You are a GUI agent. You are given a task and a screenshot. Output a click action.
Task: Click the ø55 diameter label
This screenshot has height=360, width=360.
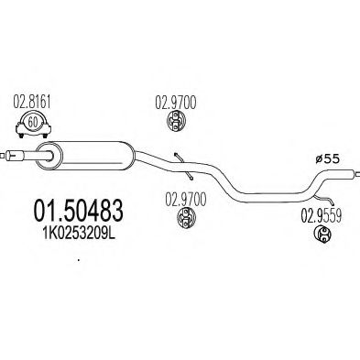[325, 158]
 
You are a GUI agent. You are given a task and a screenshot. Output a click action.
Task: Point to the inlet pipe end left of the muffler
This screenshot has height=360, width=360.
[13, 156]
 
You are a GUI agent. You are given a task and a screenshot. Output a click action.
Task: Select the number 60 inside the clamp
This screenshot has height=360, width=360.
[34, 123]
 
